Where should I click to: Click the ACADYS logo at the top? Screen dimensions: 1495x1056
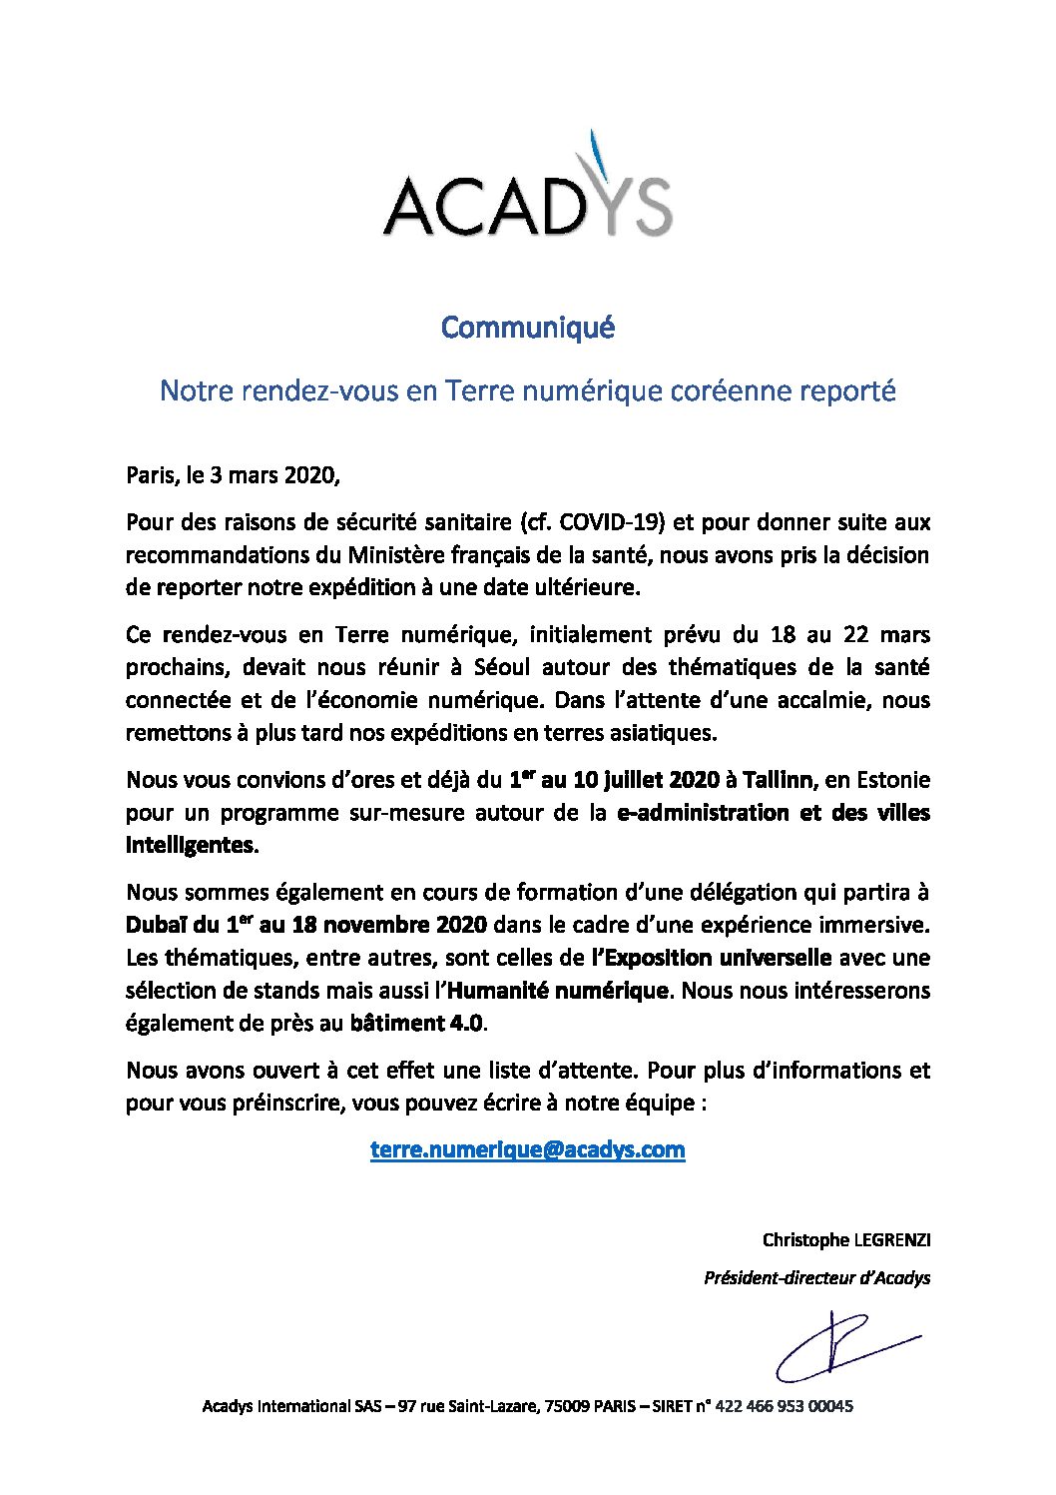(x=527, y=190)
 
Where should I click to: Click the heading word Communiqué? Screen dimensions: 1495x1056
(x=528, y=328)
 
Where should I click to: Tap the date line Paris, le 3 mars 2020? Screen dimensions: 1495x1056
(x=233, y=475)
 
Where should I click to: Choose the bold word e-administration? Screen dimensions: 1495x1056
(x=705, y=813)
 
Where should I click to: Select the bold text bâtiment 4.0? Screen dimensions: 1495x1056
(x=416, y=1024)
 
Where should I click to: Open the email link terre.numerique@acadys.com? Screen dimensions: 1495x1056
(x=527, y=1149)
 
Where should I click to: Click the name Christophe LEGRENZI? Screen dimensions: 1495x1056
(x=846, y=1240)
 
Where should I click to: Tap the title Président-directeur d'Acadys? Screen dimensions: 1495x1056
(x=816, y=1278)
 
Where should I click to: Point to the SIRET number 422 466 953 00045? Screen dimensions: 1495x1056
(x=785, y=1406)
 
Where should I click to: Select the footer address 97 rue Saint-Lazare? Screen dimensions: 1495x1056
(x=468, y=1406)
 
